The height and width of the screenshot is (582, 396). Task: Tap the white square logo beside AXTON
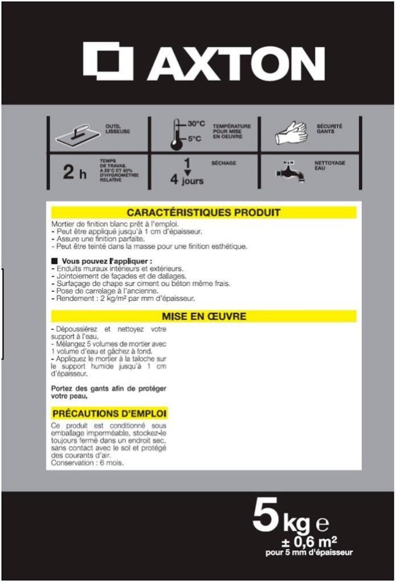(108, 62)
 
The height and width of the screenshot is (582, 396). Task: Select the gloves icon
(291, 134)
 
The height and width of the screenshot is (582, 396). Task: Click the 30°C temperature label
(196, 124)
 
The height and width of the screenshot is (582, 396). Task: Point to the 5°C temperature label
(196, 139)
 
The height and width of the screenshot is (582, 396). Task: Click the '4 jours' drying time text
(187, 181)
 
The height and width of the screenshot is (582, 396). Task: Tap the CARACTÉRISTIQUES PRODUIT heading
(203, 213)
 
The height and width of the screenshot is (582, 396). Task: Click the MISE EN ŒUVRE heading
(203, 316)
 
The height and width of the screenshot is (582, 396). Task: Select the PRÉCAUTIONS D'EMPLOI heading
(109, 413)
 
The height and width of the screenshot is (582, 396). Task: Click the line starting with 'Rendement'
(123, 298)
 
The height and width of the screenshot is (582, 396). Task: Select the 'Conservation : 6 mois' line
(87, 463)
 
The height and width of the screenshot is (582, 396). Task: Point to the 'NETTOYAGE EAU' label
(330, 165)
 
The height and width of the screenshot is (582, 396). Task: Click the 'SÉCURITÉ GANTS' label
(330, 128)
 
